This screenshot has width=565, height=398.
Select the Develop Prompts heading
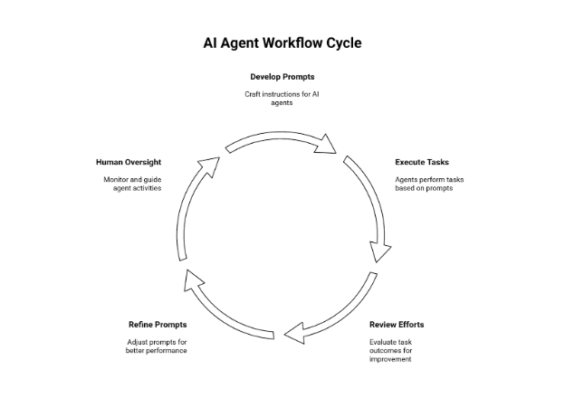pos(282,77)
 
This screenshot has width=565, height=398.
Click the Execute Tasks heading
pos(422,162)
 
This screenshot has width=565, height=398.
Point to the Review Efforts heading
pos(397,324)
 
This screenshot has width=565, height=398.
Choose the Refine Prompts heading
pos(157,324)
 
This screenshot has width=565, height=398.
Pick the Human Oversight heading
pos(129,162)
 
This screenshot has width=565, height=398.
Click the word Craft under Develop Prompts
pos(254,94)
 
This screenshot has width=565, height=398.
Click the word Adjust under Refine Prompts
pos(138,341)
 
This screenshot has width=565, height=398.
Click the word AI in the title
pos(214,43)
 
